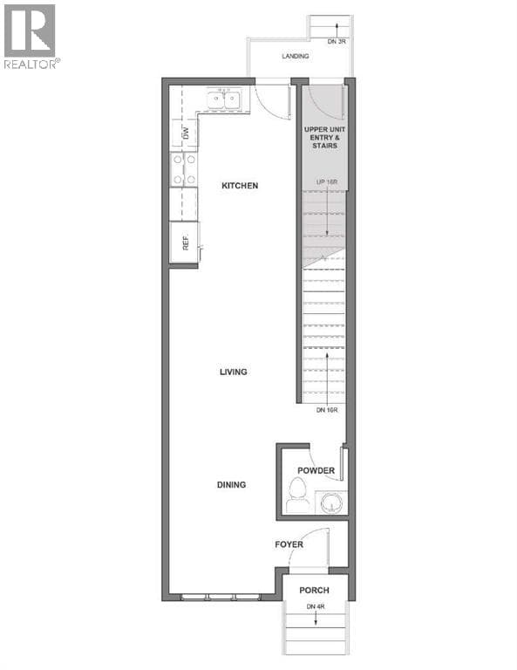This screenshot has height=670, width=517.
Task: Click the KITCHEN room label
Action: [x=240, y=186]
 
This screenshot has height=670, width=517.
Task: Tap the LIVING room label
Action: [x=233, y=372]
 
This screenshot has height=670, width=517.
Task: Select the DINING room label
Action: [x=231, y=484]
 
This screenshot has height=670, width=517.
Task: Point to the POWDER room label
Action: [x=316, y=470]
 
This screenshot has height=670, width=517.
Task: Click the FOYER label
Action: [x=289, y=544]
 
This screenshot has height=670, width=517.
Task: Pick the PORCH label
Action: [x=314, y=590]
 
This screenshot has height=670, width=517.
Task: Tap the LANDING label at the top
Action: [x=296, y=56]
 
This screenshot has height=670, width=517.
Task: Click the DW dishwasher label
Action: [x=186, y=133]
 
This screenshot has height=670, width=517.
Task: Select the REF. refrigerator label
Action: [x=186, y=243]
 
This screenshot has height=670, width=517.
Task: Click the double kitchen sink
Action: [x=224, y=100]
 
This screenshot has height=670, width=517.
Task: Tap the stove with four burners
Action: [x=184, y=169]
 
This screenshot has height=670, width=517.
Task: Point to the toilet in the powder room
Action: [x=297, y=495]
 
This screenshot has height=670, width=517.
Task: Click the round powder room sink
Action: [x=331, y=502]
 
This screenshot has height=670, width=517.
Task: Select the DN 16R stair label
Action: [x=327, y=410]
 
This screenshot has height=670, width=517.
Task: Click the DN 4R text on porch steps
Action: [x=316, y=606]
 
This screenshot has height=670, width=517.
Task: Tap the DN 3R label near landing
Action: [x=337, y=42]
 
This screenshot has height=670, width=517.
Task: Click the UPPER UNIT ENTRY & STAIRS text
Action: [x=325, y=137]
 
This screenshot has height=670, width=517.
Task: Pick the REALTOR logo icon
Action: [x=30, y=31]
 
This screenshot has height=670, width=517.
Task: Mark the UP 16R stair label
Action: [x=327, y=182]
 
